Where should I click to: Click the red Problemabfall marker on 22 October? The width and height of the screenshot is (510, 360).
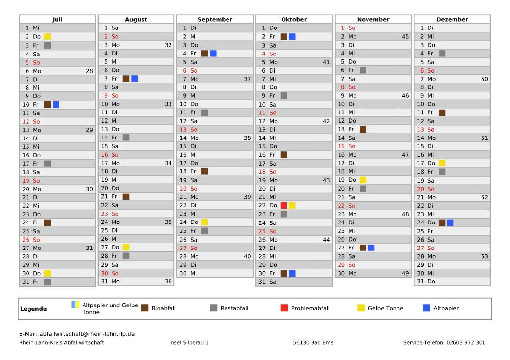tap(283, 205)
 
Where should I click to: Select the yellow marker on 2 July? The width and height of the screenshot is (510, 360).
tap(47, 36)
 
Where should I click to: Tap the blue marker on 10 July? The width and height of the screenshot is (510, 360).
tap(56, 104)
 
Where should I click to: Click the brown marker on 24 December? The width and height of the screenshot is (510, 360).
tap(442, 222)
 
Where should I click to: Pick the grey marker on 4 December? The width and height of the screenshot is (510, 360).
tap(442, 54)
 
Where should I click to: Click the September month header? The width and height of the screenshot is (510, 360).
tap(215, 20)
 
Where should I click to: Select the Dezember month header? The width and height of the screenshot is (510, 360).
tap(452, 20)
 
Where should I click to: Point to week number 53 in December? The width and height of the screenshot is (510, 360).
tap(484, 256)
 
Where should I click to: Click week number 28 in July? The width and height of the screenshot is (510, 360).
tap(89, 71)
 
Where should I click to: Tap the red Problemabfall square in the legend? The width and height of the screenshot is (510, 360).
tap(284, 308)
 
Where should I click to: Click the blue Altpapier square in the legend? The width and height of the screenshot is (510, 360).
tap(426, 308)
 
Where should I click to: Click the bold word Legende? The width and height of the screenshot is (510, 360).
tap(33, 309)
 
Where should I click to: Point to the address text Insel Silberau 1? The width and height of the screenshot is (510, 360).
tap(189, 342)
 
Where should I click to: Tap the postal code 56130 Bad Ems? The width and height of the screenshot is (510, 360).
tap(312, 342)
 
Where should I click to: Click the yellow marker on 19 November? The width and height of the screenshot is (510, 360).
tap(363, 180)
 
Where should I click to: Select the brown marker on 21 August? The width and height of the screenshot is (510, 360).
tap(126, 197)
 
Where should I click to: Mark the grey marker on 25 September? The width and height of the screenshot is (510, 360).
tap(204, 231)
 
